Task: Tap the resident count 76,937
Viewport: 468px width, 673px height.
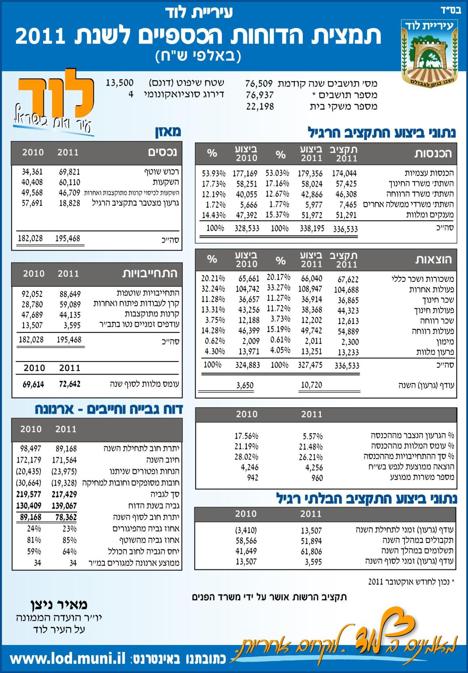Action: click(x=260, y=95)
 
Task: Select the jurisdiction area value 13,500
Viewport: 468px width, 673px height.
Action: click(x=120, y=83)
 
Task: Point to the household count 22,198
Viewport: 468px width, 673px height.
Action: click(x=260, y=106)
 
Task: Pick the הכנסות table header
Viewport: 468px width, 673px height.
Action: click(x=433, y=153)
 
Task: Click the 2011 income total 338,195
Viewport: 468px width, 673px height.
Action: click(x=312, y=229)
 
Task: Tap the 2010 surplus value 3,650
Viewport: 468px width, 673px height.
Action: click(x=245, y=385)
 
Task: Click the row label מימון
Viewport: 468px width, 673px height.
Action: click(x=444, y=342)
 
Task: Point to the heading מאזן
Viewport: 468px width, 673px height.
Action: click(x=168, y=132)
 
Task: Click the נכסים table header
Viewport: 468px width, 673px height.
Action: click(x=162, y=153)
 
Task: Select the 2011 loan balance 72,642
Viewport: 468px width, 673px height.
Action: click(x=70, y=384)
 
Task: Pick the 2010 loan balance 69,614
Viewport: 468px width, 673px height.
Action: click(x=33, y=384)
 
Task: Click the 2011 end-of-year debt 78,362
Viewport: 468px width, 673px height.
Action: click(x=66, y=517)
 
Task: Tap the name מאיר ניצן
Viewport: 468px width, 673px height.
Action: click(x=58, y=605)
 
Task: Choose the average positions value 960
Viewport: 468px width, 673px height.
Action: click(x=317, y=478)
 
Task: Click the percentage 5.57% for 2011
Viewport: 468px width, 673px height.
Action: click(x=312, y=436)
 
